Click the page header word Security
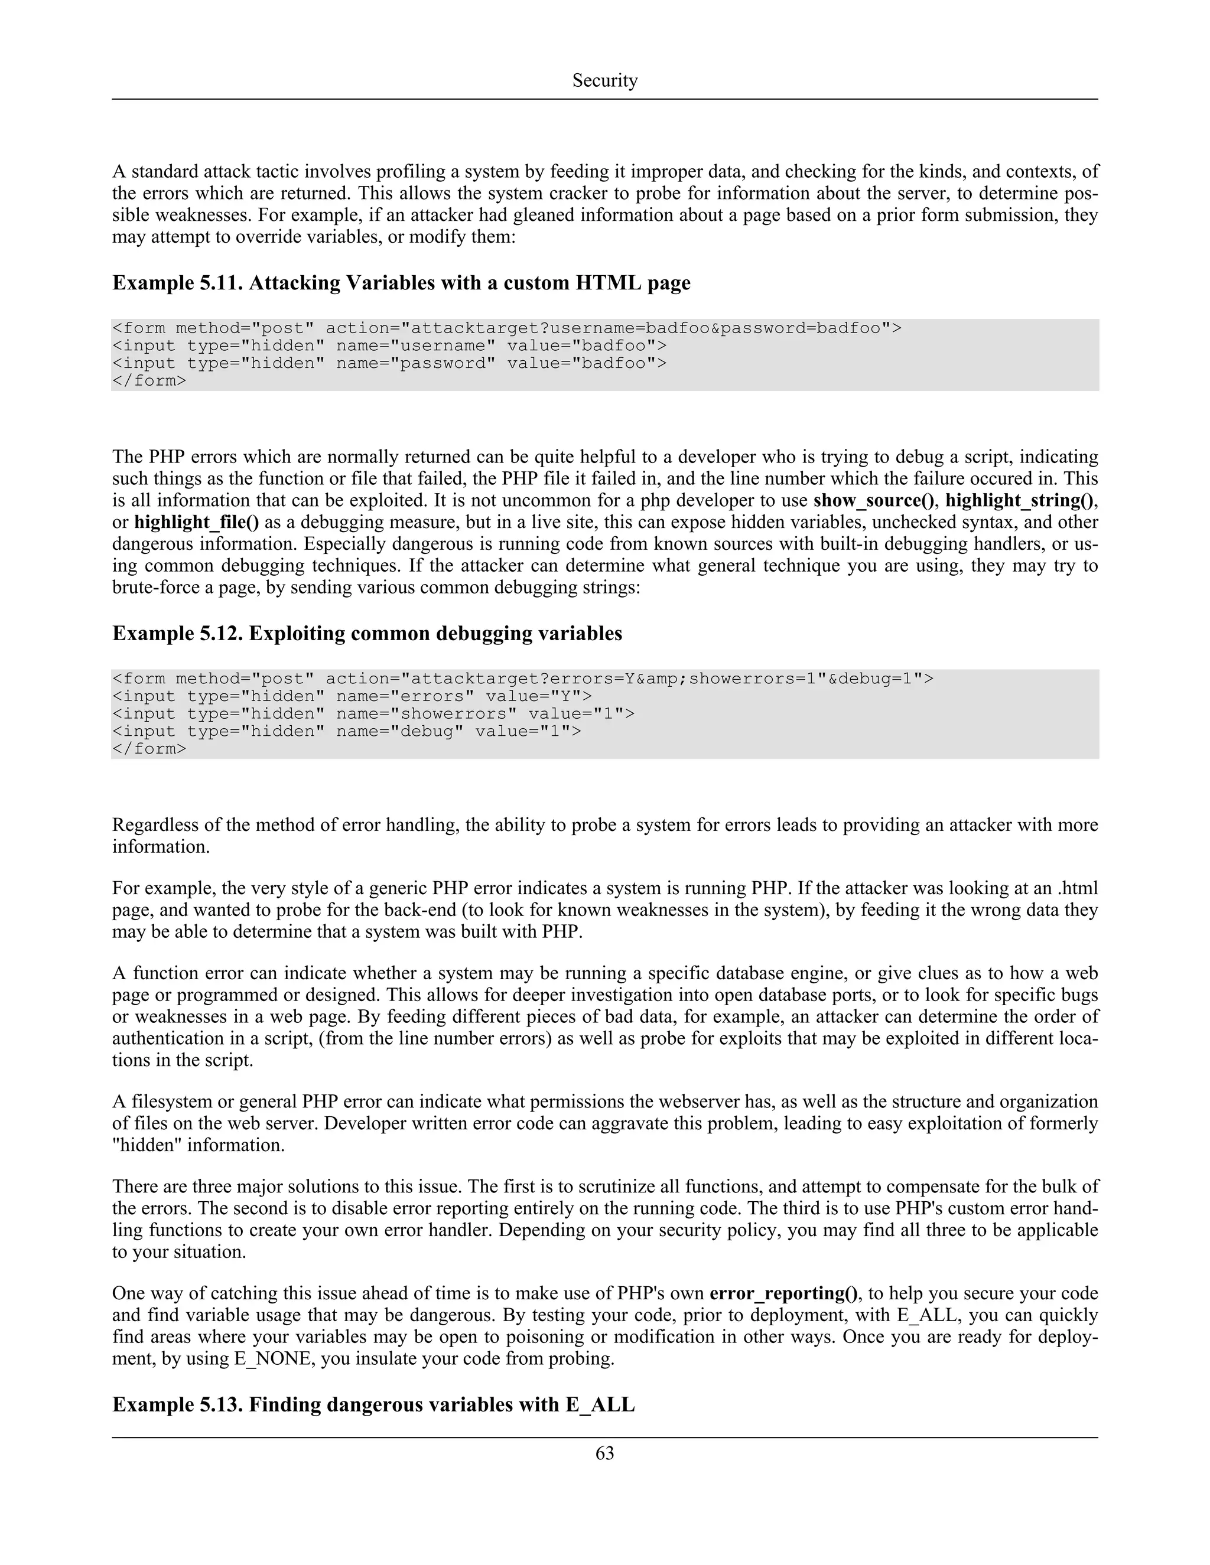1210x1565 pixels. point(604,80)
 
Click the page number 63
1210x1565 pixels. point(604,1453)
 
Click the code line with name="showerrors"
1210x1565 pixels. point(373,714)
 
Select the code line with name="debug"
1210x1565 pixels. point(346,731)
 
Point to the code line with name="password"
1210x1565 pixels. point(389,363)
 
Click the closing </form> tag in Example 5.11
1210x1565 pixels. point(149,380)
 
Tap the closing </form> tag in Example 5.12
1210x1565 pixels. point(149,749)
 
